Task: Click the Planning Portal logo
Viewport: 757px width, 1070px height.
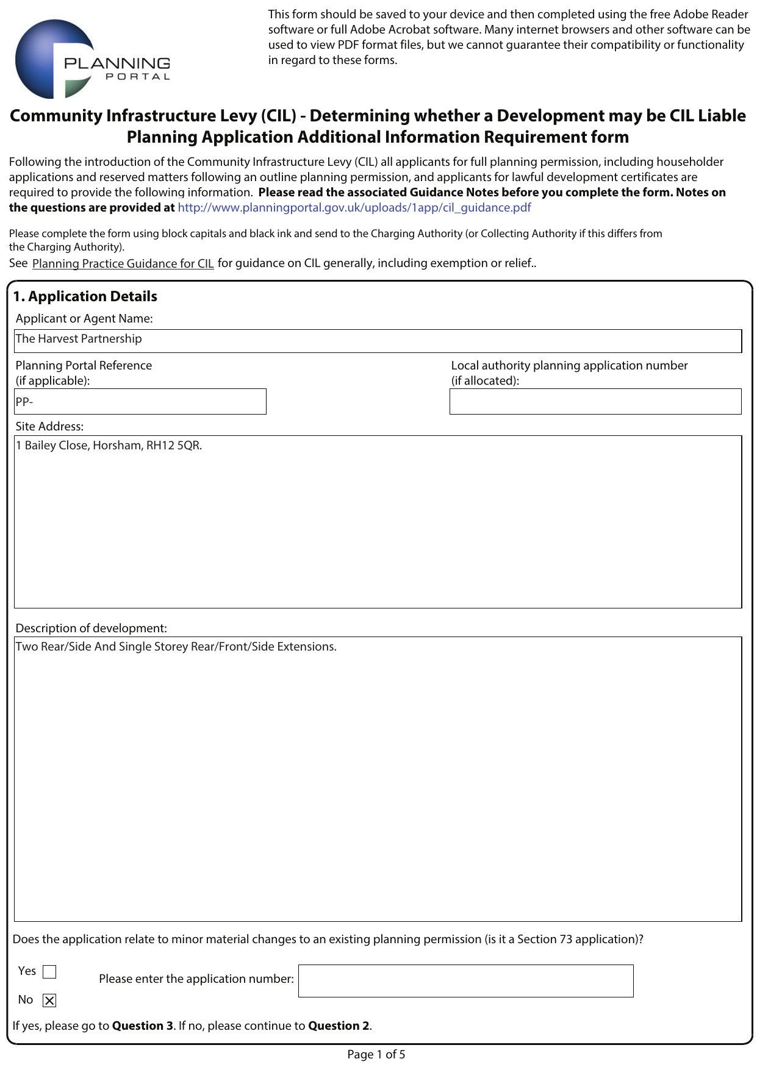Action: tap(91, 60)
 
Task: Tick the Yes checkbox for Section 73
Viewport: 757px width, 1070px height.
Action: tap(49, 972)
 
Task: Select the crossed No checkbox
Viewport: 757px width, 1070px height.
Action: tap(49, 1000)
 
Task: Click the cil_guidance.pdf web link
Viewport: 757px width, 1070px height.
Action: tap(354, 208)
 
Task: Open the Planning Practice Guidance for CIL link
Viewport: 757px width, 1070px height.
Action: tap(123, 263)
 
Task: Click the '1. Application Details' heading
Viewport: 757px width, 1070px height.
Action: tap(85, 297)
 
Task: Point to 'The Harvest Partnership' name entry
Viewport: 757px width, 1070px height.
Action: tap(79, 339)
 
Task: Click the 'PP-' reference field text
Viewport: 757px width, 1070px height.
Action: tap(24, 402)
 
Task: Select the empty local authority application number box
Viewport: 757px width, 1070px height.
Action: tap(595, 402)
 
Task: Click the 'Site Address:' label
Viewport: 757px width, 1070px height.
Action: tap(49, 427)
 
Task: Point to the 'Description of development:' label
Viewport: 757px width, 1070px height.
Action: tap(91, 629)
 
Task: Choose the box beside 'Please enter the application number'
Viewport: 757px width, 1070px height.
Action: tap(465, 981)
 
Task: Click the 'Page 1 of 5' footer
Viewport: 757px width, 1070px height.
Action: tap(376, 1055)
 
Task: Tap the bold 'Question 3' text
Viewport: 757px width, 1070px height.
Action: tap(142, 1026)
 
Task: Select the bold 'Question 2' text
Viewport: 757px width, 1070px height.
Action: tap(339, 1026)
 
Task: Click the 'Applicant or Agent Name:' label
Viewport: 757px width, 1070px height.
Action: tap(84, 319)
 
